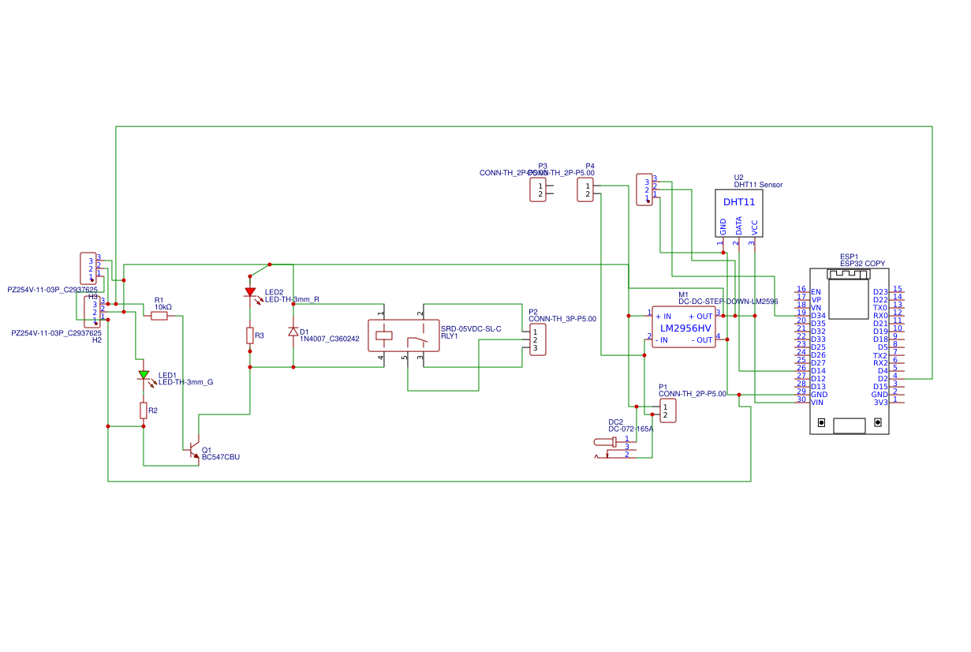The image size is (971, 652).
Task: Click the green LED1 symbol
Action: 144,375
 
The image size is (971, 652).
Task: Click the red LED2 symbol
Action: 250,292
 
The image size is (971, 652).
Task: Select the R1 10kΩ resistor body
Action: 159,316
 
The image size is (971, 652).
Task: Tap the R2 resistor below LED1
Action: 144,410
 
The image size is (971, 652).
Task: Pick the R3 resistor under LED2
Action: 250,335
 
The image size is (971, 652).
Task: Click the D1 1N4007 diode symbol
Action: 293,332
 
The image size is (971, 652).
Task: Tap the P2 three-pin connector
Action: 537,339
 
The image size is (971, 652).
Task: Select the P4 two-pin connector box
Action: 584,189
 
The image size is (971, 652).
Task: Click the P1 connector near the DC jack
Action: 667,410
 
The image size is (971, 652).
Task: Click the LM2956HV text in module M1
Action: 685,328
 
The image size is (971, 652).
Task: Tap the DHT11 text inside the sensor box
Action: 738,202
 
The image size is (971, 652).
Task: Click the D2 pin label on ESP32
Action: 882,379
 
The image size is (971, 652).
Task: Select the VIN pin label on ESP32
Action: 817,403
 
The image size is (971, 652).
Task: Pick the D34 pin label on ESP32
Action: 818,316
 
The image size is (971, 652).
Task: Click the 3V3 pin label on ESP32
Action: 880,403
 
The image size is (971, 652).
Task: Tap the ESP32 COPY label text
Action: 862,263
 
